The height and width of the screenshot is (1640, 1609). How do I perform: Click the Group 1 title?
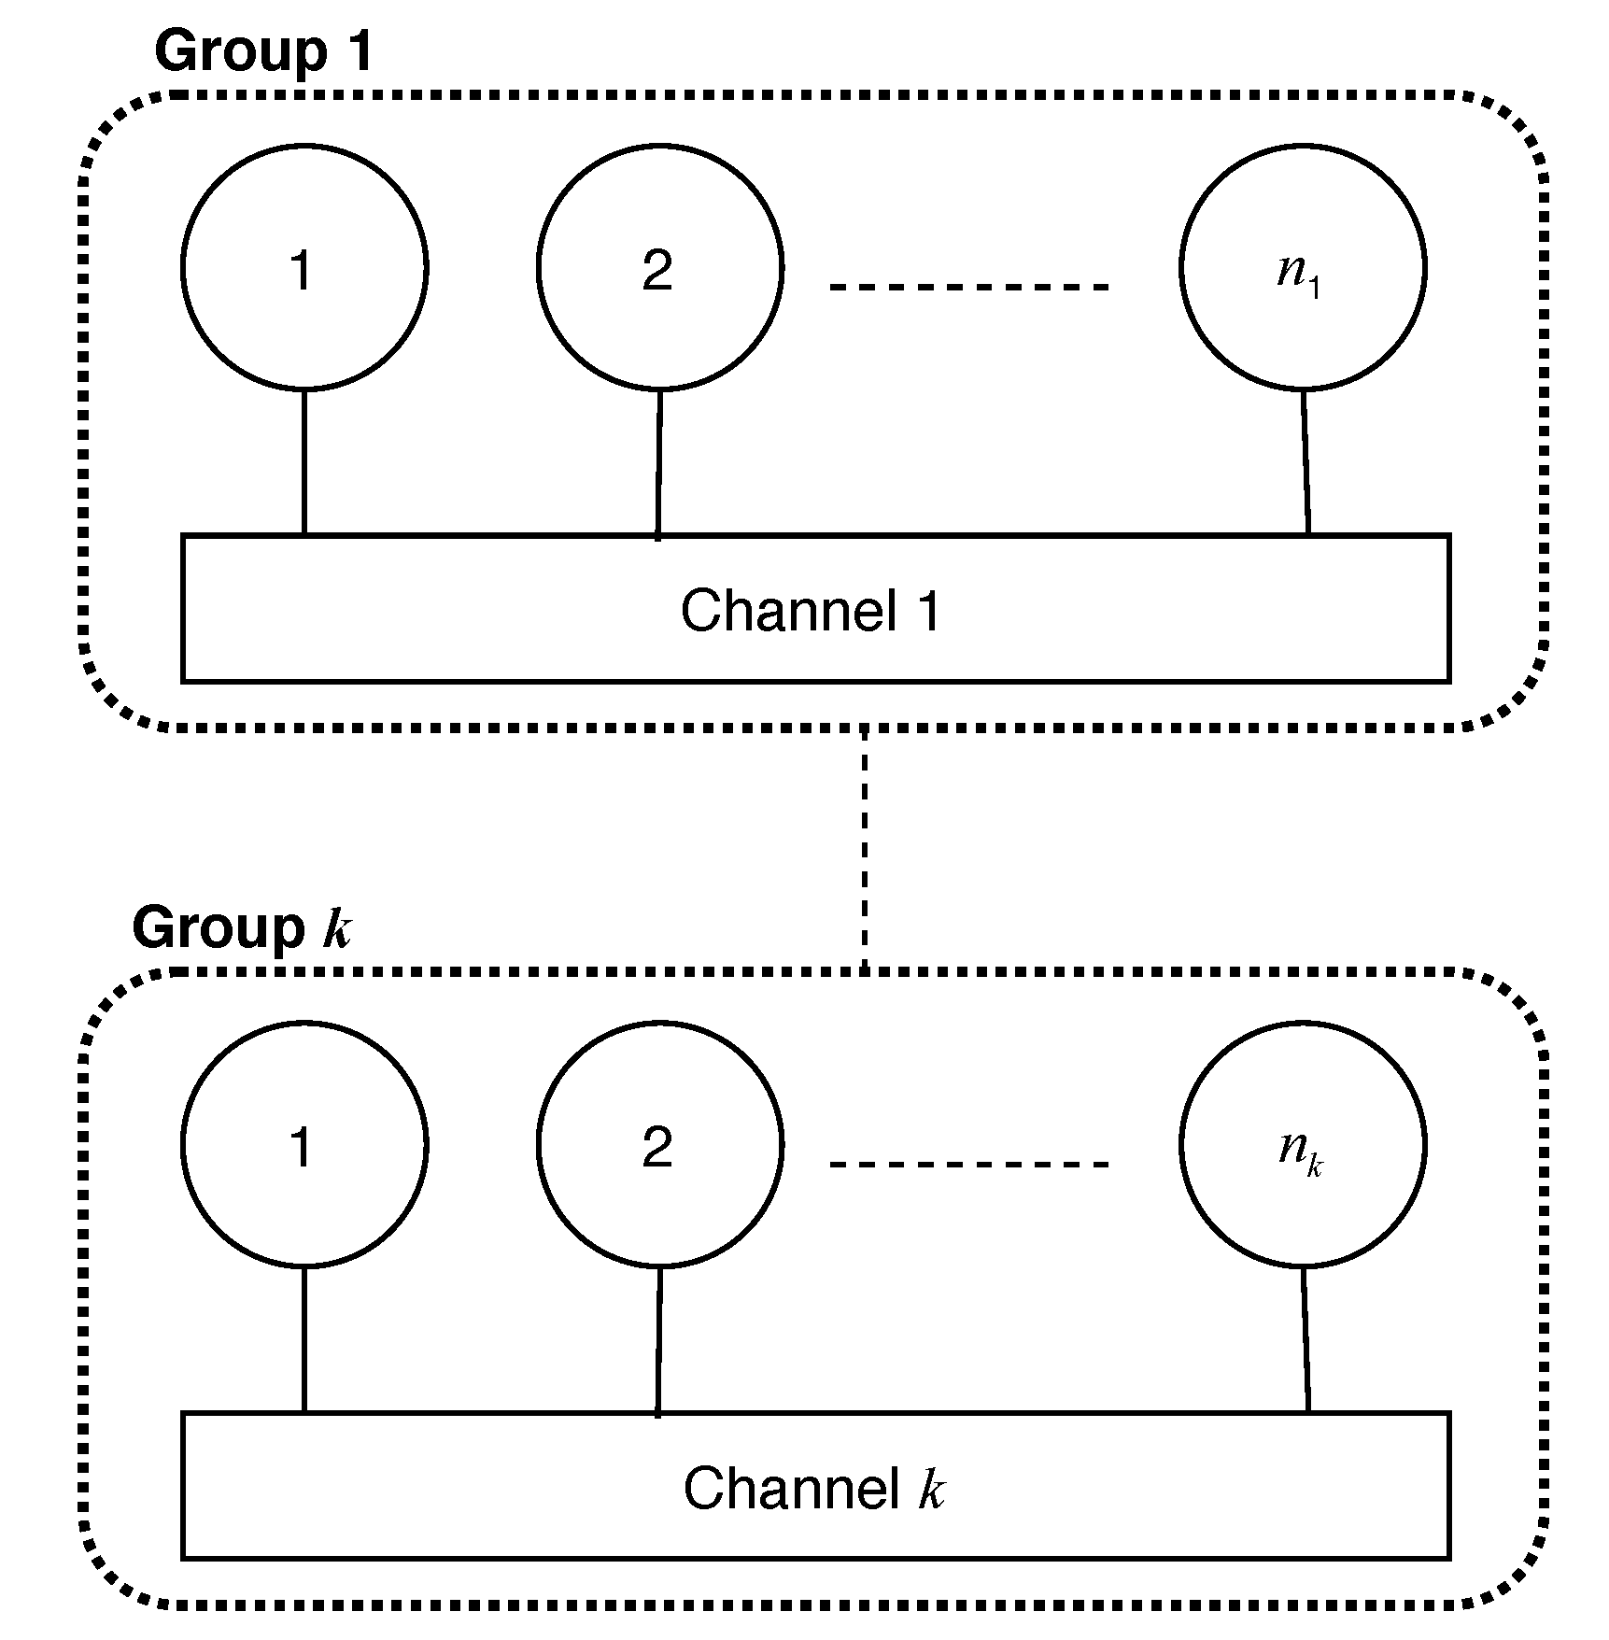pos(263,51)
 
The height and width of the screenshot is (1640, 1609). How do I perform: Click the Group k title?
pos(242,928)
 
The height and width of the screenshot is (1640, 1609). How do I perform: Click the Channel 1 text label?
pos(811,612)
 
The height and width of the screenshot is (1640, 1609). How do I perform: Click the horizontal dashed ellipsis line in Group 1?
pos(969,287)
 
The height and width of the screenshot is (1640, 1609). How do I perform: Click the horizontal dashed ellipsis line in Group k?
pos(969,1164)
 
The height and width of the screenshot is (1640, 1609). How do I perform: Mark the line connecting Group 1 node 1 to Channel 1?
pos(304,462)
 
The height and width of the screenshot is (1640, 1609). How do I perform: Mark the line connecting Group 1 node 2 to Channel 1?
pos(658,464)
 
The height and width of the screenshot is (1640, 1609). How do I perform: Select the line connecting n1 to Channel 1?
pos(1306,462)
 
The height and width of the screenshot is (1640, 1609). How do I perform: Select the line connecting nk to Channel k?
pos(1306,1339)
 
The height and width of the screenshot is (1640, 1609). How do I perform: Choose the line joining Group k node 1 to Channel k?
pos(304,1339)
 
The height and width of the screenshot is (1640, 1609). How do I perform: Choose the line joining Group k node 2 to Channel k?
pos(658,1341)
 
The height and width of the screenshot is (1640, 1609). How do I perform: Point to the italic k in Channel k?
pos(931,1489)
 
